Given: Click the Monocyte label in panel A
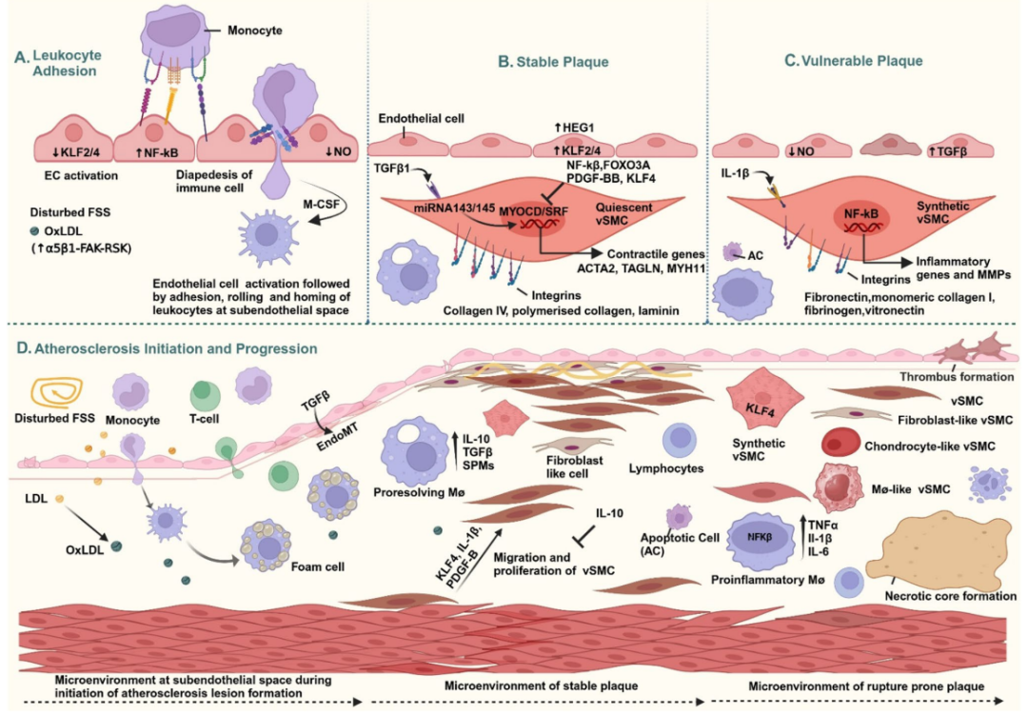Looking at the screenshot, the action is click(x=254, y=30).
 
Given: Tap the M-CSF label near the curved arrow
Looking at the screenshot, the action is click(x=322, y=204).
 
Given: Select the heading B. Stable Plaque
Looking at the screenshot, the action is click(x=553, y=62).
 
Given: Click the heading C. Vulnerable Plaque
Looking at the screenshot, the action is click(x=854, y=60).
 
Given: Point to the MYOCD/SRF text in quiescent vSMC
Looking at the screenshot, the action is click(x=534, y=211).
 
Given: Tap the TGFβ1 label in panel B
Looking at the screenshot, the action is click(x=392, y=169).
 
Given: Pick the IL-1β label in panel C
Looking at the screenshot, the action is click(x=734, y=174).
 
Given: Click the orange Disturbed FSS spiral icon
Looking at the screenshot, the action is click(x=56, y=393).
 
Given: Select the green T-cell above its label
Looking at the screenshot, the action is click(x=205, y=395).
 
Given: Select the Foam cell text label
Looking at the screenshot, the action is click(x=317, y=566).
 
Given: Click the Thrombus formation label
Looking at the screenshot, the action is click(x=957, y=376).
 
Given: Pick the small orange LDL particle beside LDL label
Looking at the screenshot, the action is click(x=60, y=499).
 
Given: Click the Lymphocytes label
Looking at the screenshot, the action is click(x=665, y=468).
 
